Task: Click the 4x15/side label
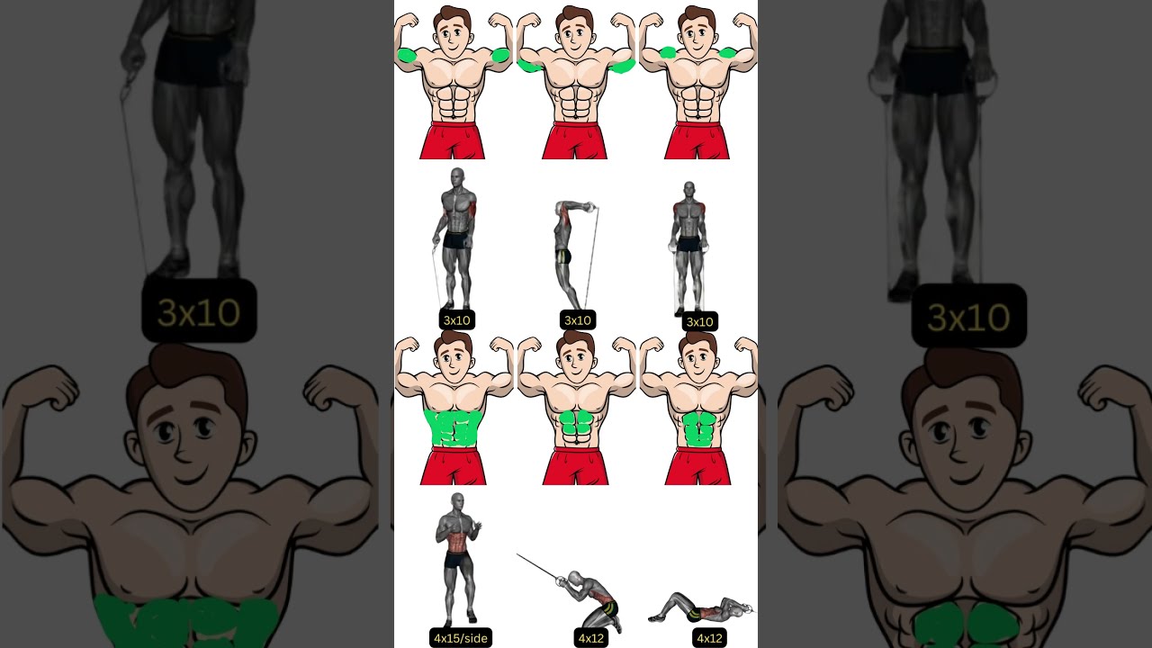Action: [x=460, y=638]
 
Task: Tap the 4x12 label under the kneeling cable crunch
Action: [x=591, y=638]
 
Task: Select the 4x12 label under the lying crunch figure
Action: [x=709, y=638]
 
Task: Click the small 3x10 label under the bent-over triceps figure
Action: [x=578, y=320]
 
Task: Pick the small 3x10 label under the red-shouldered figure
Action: [x=699, y=322]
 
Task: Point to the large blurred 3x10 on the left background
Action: [x=199, y=311]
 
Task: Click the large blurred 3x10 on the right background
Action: [x=969, y=317]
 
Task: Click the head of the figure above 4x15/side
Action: [x=457, y=502]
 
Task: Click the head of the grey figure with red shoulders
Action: [x=688, y=189]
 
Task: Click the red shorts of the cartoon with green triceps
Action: [x=574, y=140]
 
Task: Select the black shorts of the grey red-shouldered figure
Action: [x=688, y=244]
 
